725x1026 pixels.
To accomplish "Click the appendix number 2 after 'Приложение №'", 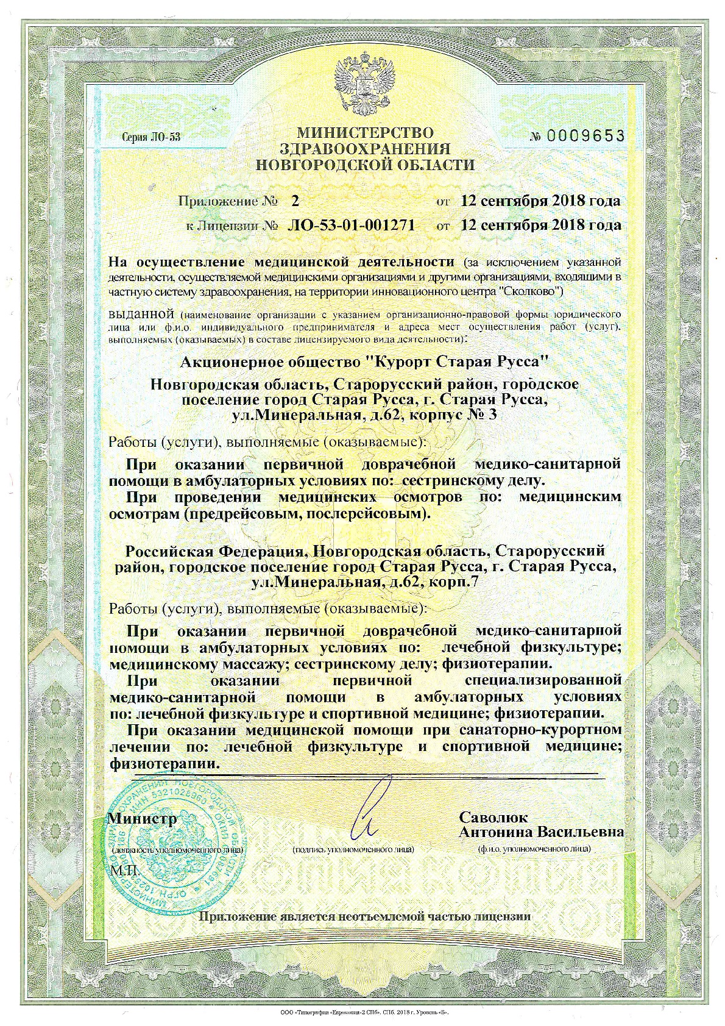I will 296,201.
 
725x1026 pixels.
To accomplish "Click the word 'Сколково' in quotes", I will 529,291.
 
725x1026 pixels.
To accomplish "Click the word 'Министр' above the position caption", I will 142,818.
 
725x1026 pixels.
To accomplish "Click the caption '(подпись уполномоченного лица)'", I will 353,849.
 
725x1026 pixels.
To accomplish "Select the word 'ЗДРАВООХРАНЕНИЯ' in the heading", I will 365,149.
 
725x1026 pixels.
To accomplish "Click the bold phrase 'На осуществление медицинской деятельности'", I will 281,262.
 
